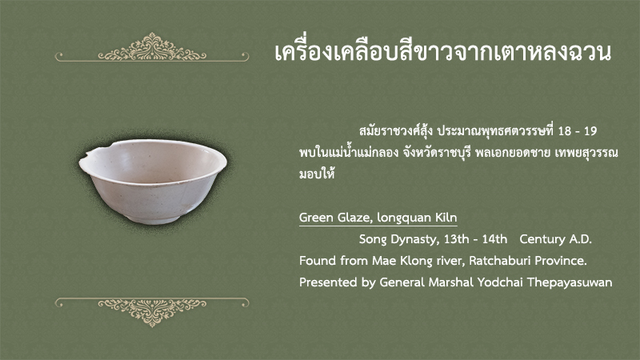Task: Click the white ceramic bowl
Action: (153, 182)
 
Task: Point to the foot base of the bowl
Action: (153, 218)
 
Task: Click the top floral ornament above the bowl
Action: (152, 47)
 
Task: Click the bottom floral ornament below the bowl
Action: (152, 312)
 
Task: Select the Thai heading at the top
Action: (443, 52)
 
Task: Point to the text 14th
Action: (494, 238)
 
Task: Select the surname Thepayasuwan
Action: (570, 283)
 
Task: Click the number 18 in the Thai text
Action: (565, 131)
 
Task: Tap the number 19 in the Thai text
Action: (590, 131)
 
